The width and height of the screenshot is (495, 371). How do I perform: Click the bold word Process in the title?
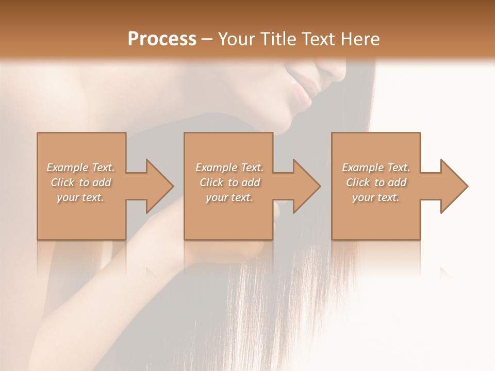point(162,39)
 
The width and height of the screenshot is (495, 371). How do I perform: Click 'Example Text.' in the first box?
point(80,167)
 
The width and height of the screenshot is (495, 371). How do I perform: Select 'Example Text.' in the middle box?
point(229,167)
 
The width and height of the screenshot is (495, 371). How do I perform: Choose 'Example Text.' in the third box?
point(376,167)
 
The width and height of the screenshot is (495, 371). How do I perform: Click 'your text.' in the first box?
point(80,197)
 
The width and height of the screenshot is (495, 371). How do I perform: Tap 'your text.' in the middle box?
point(229,197)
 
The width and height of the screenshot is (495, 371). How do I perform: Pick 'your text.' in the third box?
point(376,197)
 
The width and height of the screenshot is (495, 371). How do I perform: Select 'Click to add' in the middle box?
point(229,182)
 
